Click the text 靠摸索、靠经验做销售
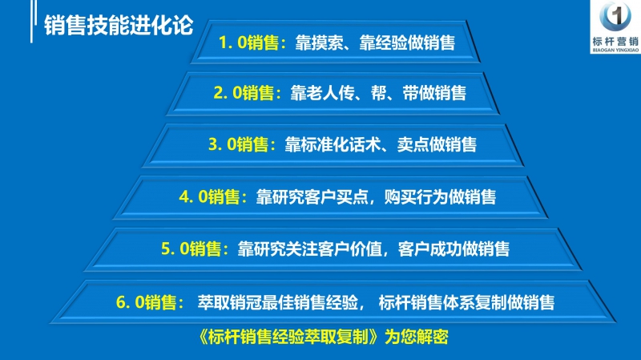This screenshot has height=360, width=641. point(369,43)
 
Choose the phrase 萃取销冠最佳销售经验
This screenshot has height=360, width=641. point(273,302)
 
